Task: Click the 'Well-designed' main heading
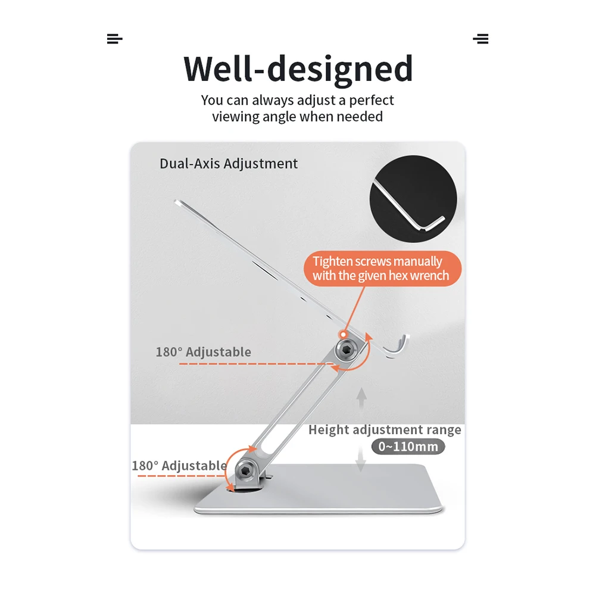click(298, 68)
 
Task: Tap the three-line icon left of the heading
click(114, 39)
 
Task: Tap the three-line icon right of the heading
click(480, 39)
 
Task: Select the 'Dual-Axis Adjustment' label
click(229, 164)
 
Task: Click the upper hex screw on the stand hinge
click(346, 352)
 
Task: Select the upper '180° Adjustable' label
click(203, 352)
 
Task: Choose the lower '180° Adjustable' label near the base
click(179, 466)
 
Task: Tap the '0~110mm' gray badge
click(408, 447)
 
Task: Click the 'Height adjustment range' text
click(385, 430)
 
